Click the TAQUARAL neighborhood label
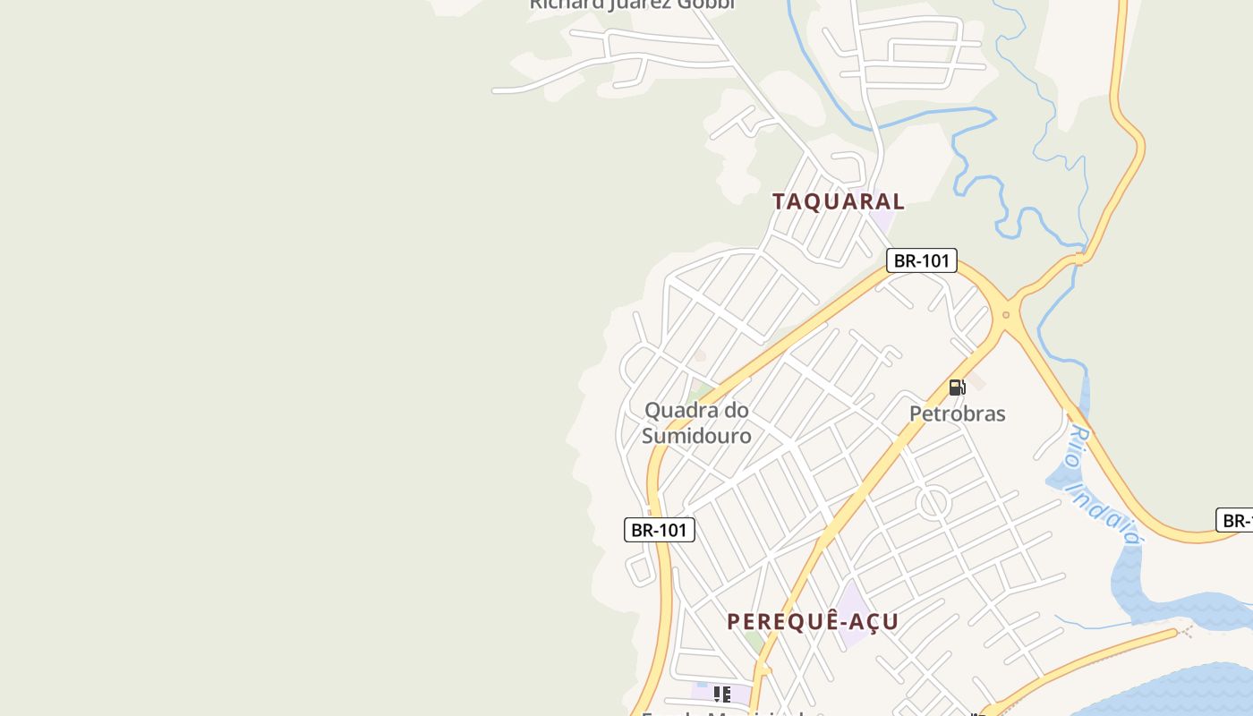pos(839,201)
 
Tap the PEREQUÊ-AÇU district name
pos(813,621)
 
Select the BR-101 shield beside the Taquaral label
pos(922,260)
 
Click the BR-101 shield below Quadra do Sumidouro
pos(659,529)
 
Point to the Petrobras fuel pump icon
pos(957,388)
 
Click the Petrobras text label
pos(957,413)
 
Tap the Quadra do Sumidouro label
pos(696,422)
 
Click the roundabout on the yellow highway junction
pos(1006,314)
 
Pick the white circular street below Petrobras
pos(933,503)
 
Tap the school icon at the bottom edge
pos(722,694)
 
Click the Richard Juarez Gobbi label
pos(631,4)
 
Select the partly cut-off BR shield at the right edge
pos(1236,520)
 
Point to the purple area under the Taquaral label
pos(883,220)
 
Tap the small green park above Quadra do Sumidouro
pos(699,390)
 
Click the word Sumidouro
pos(696,436)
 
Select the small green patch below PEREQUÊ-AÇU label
pos(756,642)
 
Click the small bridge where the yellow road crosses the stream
pos(1079,259)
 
